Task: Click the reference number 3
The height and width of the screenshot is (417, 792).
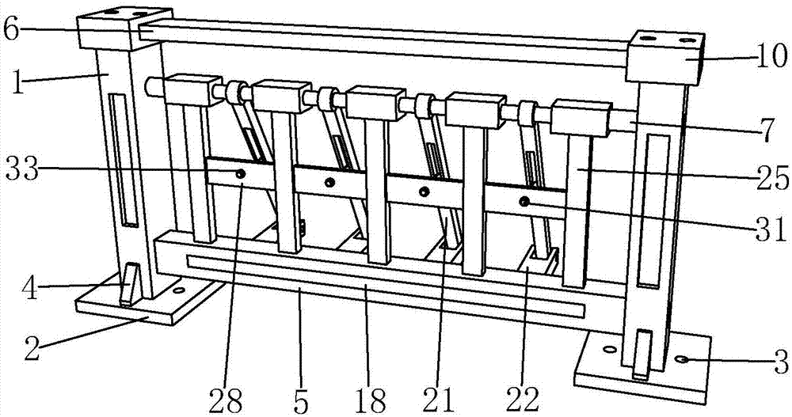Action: click(x=780, y=365)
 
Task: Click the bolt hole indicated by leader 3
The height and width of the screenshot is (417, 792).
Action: click(x=680, y=359)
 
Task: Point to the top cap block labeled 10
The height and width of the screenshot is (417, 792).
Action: click(x=665, y=57)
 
